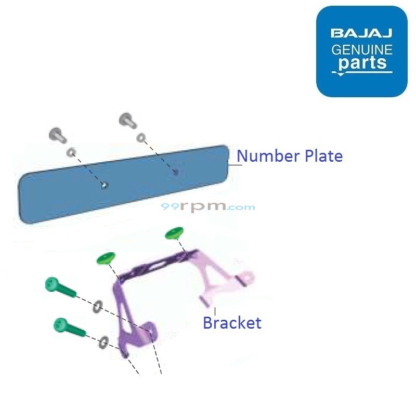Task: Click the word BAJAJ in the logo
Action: (x=361, y=34)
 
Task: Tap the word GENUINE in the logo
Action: (x=362, y=50)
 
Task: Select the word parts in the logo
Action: (x=362, y=64)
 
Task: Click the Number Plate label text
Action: (x=290, y=156)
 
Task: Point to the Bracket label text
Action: (x=232, y=323)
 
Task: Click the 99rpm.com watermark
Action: (x=208, y=206)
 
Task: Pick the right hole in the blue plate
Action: (x=175, y=171)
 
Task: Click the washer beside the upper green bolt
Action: (x=97, y=307)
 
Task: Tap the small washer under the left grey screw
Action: (x=71, y=153)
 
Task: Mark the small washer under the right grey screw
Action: (x=141, y=138)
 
